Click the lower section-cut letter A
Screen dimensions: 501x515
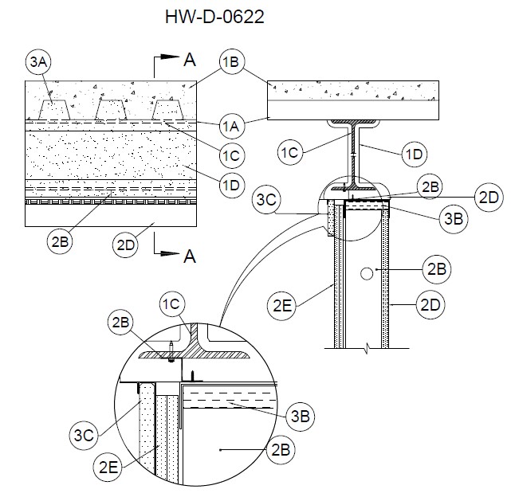click(189, 256)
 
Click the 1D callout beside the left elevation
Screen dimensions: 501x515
click(231, 186)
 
